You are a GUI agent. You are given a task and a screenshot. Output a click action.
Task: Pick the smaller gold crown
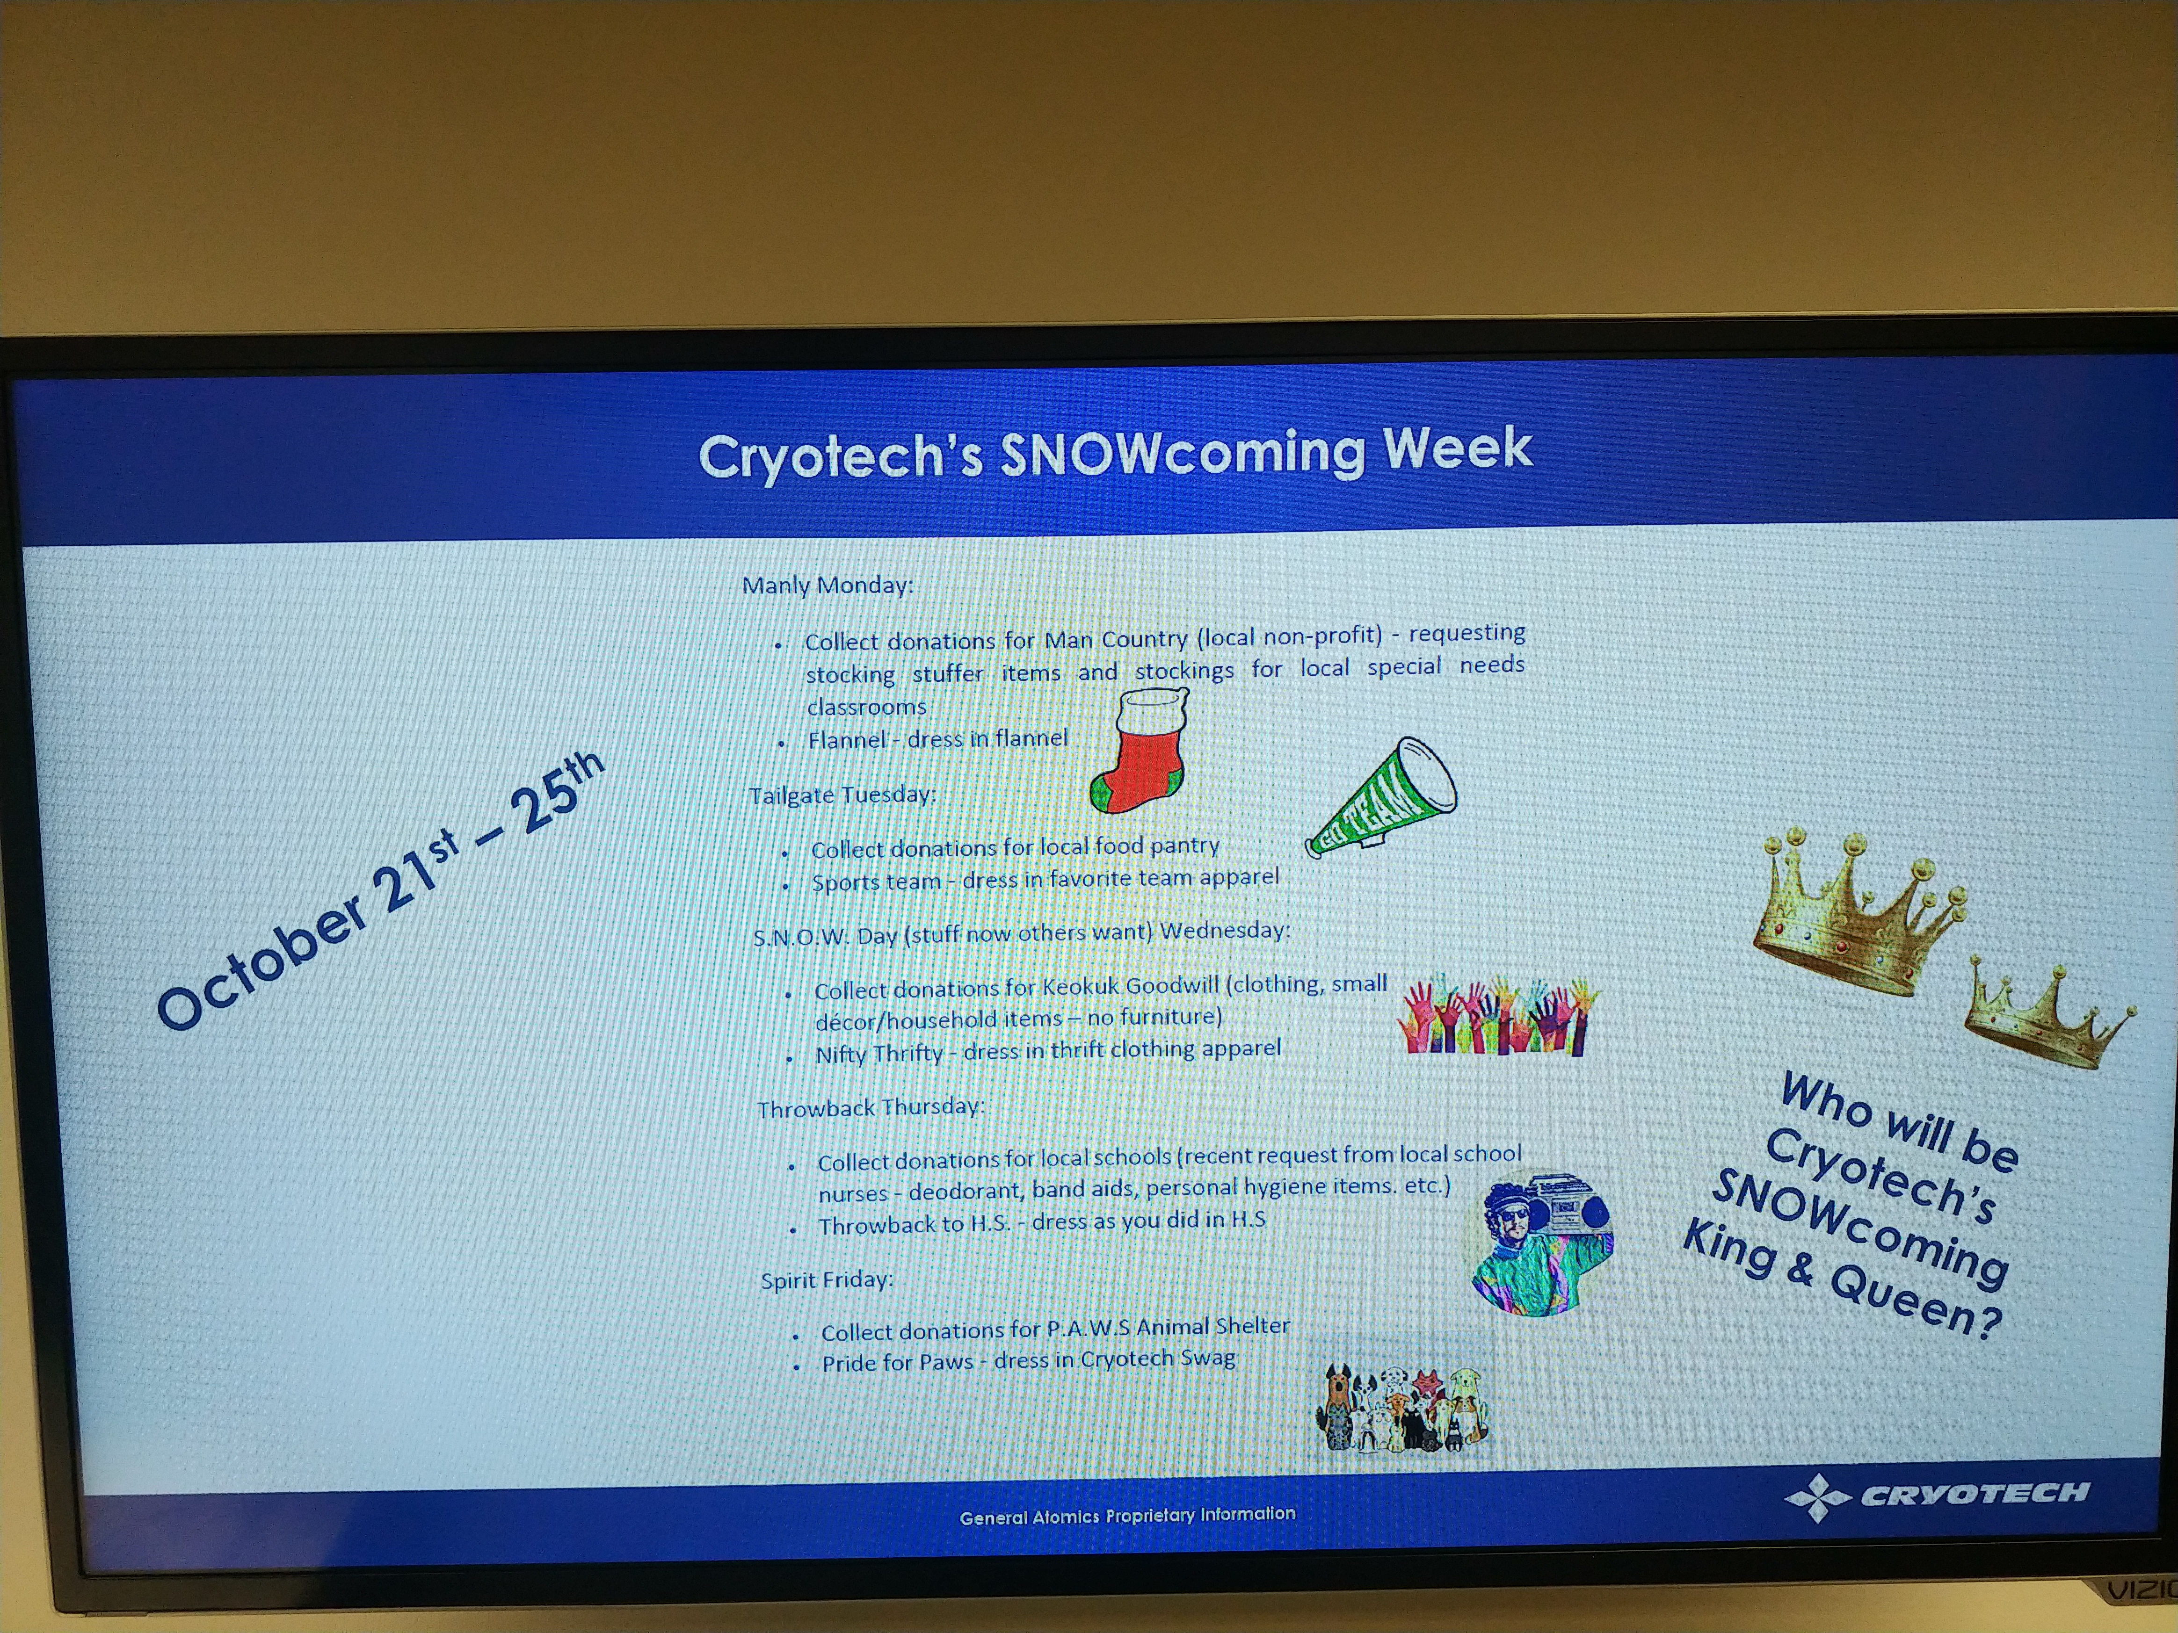[x=2046, y=1017]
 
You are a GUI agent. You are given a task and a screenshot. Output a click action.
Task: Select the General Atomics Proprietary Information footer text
[x=1127, y=1515]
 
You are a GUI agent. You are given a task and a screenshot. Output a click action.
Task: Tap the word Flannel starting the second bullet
[x=847, y=739]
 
